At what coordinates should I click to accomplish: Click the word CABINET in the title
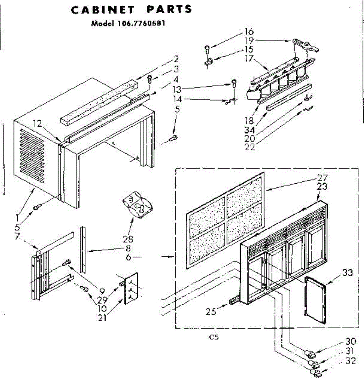[102, 10]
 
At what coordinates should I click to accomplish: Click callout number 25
[211, 311]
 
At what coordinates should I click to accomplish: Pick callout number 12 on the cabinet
[38, 124]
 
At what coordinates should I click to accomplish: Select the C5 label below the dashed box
[214, 337]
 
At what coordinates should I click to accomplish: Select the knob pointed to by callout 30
[310, 354]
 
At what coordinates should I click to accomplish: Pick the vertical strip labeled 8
[83, 249]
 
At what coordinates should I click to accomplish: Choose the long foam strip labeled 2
[99, 102]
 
